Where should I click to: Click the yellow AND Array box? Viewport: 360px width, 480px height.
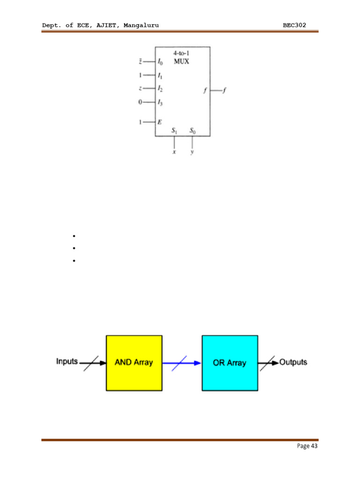[134, 363]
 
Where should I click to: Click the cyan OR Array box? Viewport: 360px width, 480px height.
[230, 363]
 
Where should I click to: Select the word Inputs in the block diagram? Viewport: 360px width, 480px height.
[67, 361]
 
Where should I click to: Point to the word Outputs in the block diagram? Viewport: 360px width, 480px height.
[293, 362]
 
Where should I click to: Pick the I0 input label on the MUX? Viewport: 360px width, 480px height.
[160, 62]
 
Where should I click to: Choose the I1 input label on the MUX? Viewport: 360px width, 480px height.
[160, 75]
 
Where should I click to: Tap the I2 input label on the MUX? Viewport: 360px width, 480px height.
[160, 89]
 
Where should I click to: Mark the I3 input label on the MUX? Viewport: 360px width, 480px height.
[160, 102]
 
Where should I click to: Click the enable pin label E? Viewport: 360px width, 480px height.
[160, 122]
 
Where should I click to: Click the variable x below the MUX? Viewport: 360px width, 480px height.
[174, 152]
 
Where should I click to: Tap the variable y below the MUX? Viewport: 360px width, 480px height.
[192, 153]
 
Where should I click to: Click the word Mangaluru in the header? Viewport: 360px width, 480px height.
[141, 25]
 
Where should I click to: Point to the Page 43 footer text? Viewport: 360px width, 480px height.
[307, 446]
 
